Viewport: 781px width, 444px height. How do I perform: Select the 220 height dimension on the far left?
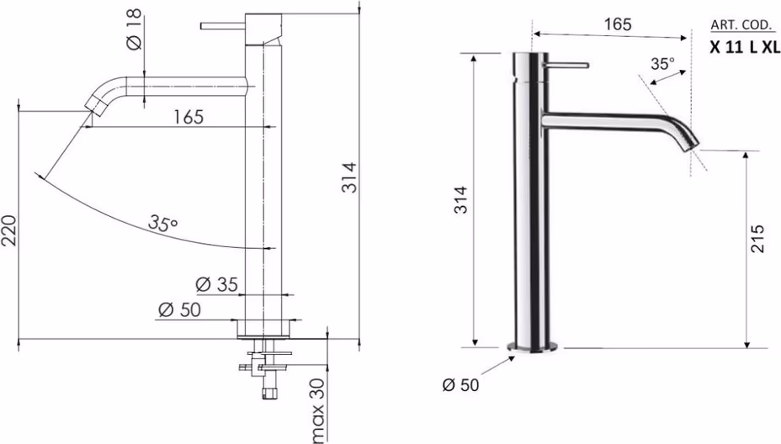[9, 230]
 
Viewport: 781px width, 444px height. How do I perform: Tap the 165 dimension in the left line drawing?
[189, 117]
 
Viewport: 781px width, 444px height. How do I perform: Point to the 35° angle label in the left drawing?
[163, 223]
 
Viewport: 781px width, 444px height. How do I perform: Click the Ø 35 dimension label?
[216, 284]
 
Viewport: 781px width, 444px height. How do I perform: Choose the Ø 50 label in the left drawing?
[179, 309]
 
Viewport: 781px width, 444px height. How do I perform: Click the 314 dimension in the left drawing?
[349, 177]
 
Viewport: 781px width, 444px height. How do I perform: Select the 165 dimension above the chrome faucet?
[618, 24]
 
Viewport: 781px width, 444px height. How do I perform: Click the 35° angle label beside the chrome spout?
[663, 63]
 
